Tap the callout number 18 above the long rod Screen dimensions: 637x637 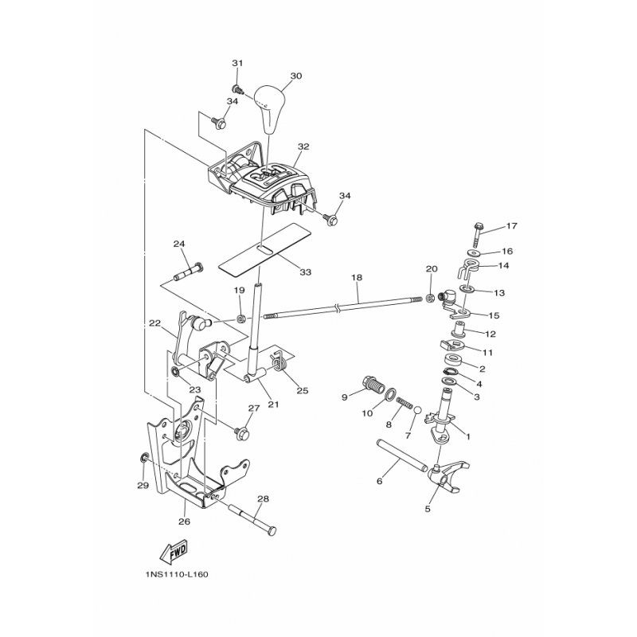point(357,278)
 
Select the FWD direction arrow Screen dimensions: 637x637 point(174,552)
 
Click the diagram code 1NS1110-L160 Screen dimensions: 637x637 point(176,574)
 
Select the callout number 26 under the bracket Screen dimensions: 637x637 point(185,522)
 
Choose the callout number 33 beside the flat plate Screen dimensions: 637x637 point(305,272)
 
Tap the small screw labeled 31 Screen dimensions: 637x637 point(236,89)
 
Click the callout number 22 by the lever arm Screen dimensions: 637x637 point(154,323)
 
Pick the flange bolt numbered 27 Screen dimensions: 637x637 point(242,433)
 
